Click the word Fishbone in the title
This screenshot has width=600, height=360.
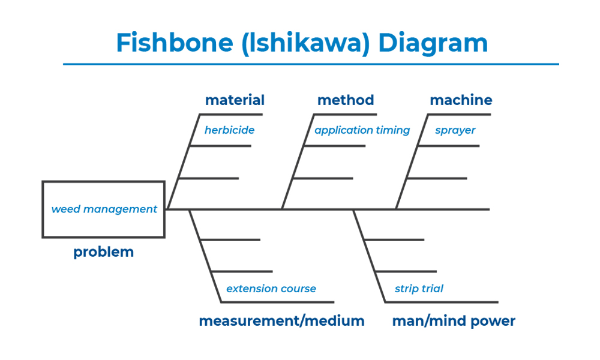(x=175, y=42)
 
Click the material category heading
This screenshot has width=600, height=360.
(x=235, y=100)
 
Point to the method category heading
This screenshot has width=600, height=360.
(x=346, y=100)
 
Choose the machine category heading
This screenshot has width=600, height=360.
(x=461, y=100)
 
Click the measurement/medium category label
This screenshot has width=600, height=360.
(x=281, y=320)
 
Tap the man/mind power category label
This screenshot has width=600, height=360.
(x=454, y=320)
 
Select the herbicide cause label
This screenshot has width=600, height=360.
(x=229, y=130)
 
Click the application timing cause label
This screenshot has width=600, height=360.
(x=362, y=130)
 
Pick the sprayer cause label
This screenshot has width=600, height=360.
(x=455, y=131)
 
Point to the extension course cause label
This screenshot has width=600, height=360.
(x=271, y=289)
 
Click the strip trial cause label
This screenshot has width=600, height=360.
(x=419, y=289)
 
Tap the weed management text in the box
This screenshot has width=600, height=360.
(x=104, y=209)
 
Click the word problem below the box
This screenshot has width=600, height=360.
(x=103, y=253)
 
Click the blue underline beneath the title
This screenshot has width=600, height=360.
(x=311, y=64)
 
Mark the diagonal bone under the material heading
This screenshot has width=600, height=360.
(x=184, y=161)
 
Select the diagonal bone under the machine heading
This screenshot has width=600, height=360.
(x=412, y=161)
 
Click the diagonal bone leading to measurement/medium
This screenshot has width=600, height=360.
(x=205, y=256)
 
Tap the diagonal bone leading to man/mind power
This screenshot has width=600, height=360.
(x=369, y=256)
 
